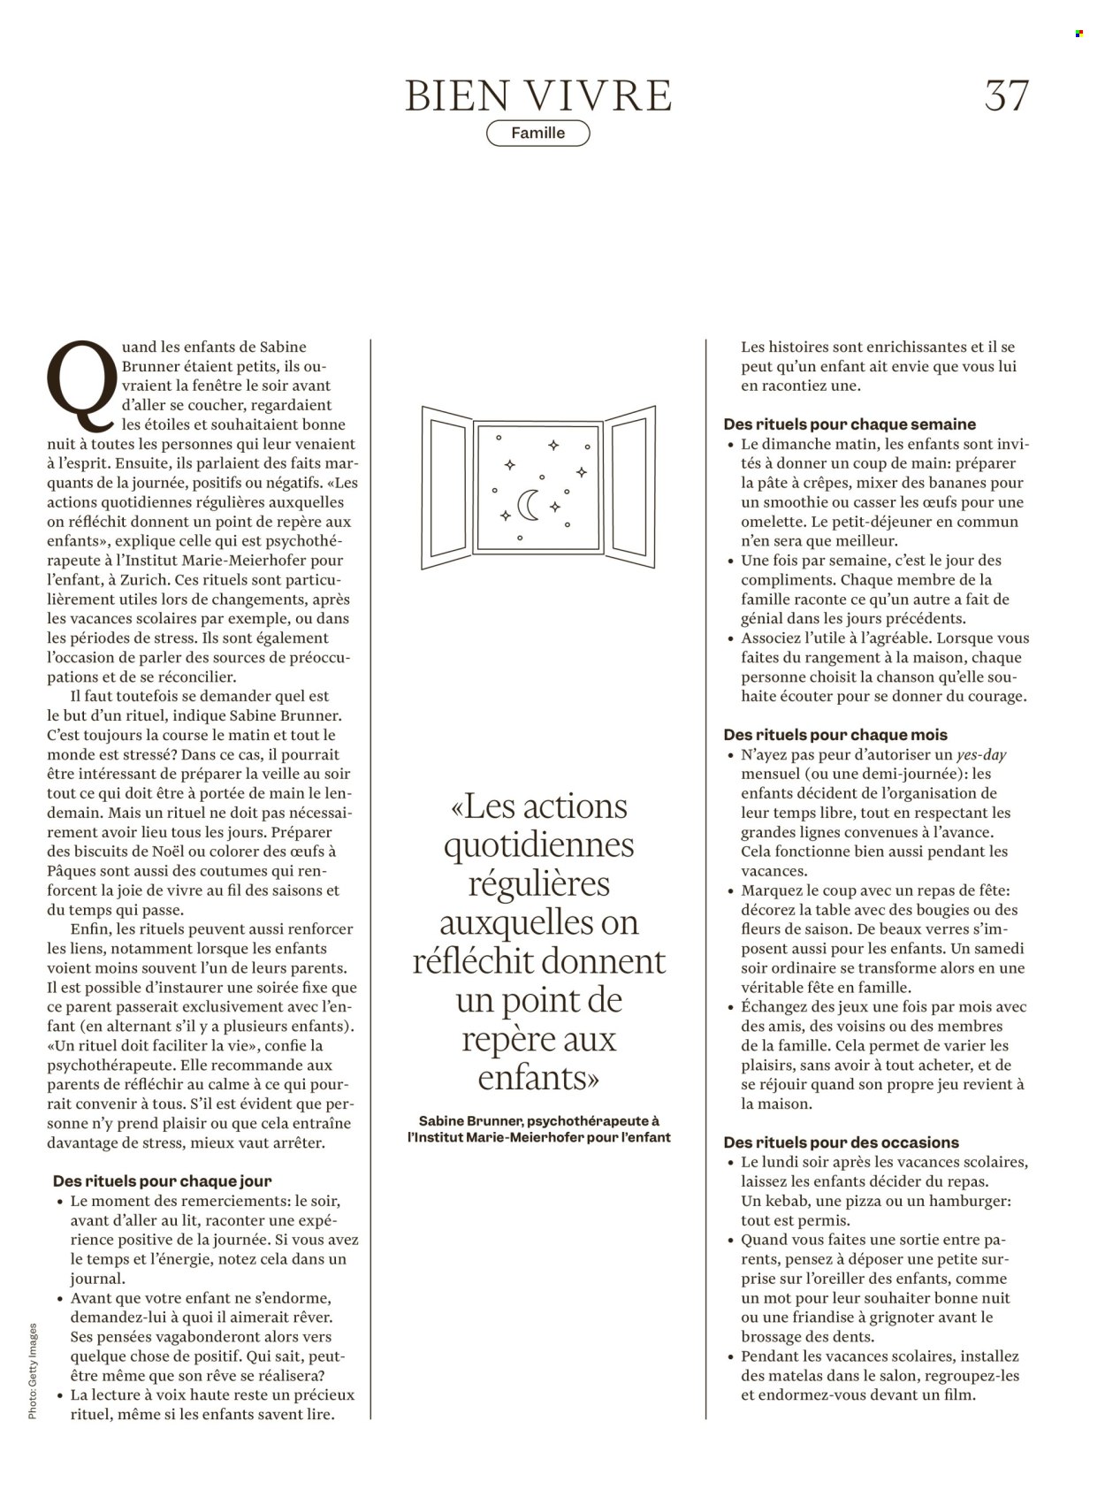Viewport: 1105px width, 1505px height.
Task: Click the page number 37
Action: tap(1007, 95)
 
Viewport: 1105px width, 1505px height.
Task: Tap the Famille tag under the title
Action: tap(537, 134)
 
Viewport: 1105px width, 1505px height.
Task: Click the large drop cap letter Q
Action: tap(82, 385)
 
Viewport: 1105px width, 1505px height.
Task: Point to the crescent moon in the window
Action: tap(528, 505)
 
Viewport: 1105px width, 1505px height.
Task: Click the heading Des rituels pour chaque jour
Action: tap(162, 1180)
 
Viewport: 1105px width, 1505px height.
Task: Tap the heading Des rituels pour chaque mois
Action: tap(834, 735)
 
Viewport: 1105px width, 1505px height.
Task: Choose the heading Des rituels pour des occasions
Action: tap(841, 1142)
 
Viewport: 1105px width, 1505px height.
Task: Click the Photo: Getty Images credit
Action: tap(33, 1371)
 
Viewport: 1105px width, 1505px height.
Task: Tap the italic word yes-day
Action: tap(981, 755)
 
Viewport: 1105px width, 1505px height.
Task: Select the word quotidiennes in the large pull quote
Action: tap(538, 844)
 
